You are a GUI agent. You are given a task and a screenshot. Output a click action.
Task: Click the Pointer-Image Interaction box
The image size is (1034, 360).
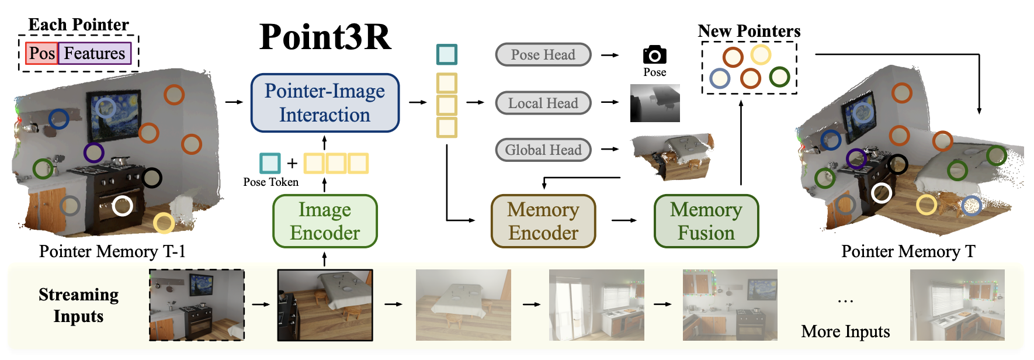click(x=325, y=103)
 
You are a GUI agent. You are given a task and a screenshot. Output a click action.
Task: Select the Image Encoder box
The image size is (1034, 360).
click(x=325, y=221)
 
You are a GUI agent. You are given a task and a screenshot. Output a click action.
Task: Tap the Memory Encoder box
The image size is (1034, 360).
click(x=543, y=221)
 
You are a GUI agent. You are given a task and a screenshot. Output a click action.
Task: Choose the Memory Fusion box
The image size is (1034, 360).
click(x=706, y=221)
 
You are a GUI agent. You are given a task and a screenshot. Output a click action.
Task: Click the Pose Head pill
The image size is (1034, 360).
click(x=543, y=55)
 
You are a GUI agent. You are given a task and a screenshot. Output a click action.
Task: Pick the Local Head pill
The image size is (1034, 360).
click(x=543, y=103)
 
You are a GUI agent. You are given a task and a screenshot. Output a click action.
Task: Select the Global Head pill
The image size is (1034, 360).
click(x=543, y=150)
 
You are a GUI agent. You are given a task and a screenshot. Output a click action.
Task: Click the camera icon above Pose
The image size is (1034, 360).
click(x=654, y=55)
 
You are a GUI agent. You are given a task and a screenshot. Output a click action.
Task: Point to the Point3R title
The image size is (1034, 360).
click(x=325, y=37)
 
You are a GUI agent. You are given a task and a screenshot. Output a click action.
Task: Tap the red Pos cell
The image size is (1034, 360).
click(x=41, y=53)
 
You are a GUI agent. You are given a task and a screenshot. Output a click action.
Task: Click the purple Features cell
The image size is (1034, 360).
click(x=95, y=53)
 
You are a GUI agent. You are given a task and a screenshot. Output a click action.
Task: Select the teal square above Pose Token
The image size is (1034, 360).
click(x=270, y=163)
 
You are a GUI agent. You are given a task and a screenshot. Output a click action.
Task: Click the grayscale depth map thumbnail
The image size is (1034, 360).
click(x=655, y=103)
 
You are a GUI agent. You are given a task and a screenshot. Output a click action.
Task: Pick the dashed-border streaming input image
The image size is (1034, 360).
click(x=197, y=304)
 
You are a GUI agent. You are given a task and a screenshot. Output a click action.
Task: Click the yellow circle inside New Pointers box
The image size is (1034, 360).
click(x=761, y=55)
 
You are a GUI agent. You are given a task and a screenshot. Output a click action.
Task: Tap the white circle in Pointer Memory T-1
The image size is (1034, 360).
click(x=122, y=206)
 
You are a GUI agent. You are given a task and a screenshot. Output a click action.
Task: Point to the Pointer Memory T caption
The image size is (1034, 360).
click(x=908, y=251)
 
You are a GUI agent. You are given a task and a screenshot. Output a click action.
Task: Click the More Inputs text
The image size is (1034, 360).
click(x=845, y=331)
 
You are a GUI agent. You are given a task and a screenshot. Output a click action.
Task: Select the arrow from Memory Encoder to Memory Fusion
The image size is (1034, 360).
click(x=624, y=220)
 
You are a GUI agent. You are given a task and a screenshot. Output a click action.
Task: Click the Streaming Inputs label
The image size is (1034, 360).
click(x=78, y=305)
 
